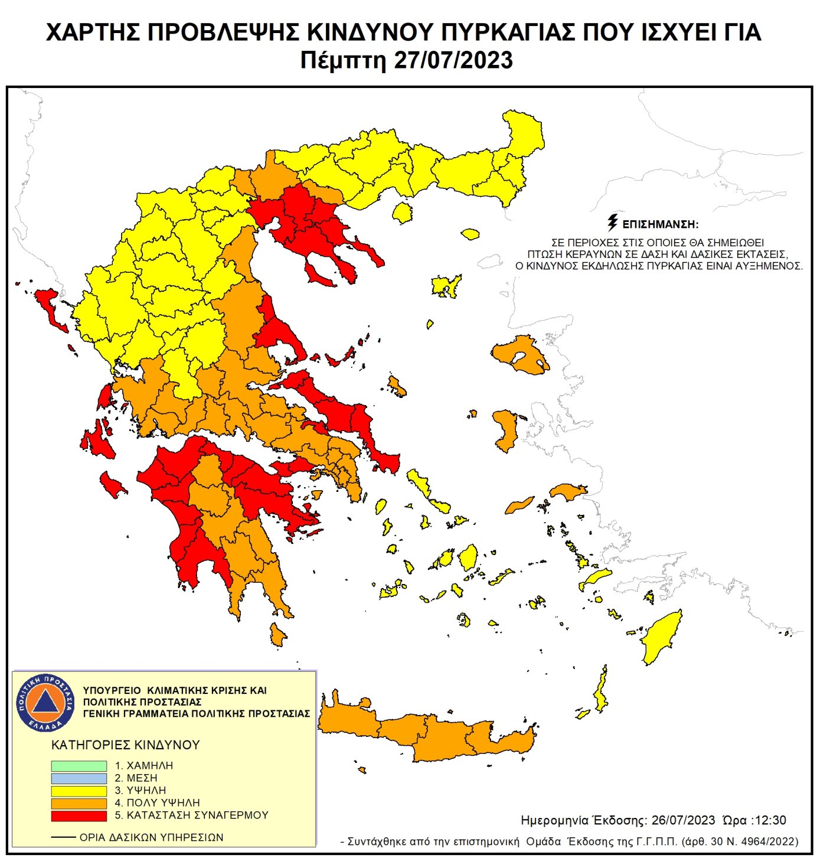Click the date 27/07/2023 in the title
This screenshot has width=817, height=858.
pyautogui.click(x=453, y=61)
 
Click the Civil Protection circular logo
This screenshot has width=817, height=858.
pyautogui.click(x=45, y=703)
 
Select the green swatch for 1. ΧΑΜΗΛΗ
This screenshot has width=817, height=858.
pyautogui.click(x=79, y=766)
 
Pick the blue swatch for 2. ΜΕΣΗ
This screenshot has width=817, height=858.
pyautogui.click(x=79, y=778)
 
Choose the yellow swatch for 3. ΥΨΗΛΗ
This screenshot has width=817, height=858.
pyautogui.click(x=79, y=791)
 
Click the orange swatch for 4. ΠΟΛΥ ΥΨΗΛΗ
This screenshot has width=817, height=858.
pyautogui.click(x=79, y=803)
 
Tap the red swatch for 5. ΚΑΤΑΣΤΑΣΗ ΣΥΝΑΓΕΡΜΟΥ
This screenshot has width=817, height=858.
pyautogui.click(x=79, y=815)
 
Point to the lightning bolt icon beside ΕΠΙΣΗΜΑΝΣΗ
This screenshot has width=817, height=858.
pyautogui.click(x=613, y=223)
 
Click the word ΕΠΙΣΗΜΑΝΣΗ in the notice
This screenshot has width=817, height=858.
pyautogui.click(x=660, y=225)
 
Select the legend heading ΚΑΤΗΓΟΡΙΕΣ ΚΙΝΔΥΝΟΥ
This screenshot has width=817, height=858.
pyautogui.click(x=126, y=745)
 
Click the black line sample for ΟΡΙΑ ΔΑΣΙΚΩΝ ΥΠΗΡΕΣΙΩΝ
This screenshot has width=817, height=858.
pyautogui.click(x=63, y=837)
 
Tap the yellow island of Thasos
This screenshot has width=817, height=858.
pyautogui.click(x=403, y=213)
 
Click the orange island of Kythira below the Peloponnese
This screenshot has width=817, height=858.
pyautogui.click(x=277, y=635)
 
